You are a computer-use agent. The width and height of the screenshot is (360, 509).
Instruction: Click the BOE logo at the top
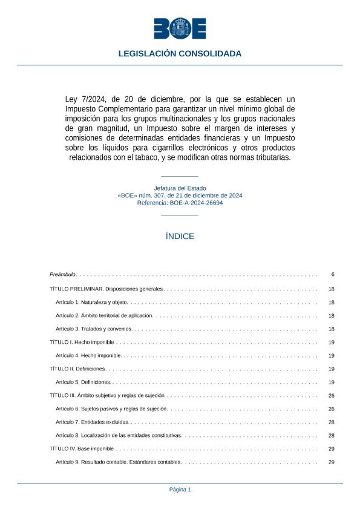[x=180, y=28]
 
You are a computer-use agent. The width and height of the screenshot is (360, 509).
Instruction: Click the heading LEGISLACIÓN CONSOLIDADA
[x=180, y=54]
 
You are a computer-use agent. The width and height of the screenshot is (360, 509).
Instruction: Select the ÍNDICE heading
[x=180, y=237]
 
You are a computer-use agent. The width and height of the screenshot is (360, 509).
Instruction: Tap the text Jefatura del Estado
[x=180, y=188]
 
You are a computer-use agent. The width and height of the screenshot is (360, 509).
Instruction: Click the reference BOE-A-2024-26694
[x=197, y=203]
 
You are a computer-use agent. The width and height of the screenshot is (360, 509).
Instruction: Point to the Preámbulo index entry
[x=62, y=275]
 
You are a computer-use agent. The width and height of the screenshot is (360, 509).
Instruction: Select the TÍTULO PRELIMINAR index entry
[x=106, y=289]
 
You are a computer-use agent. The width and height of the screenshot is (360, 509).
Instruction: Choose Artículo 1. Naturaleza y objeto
[x=91, y=302]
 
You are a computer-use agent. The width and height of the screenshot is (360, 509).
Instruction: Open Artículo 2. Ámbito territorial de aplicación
[x=105, y=315]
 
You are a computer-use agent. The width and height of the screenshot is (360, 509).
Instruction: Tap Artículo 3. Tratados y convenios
[x=94, y=329]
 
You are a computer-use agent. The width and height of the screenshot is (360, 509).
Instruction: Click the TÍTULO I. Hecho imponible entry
[x=81, y=343]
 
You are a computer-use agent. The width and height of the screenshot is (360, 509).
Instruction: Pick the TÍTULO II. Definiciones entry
[x=77, y=369]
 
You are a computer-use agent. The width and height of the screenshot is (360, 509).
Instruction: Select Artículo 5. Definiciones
[x=83, y=383]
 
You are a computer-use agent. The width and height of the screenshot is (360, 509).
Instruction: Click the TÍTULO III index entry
[x=106, y=396]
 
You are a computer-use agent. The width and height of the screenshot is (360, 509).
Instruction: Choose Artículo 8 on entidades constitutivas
[x=119, y=436]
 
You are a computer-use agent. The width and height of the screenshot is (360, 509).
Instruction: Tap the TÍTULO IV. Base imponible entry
[x=81, y=449]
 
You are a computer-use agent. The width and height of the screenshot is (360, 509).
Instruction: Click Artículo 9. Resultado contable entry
[x=119, y=462]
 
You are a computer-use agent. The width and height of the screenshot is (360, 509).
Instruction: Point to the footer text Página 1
[x=180, y=490]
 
